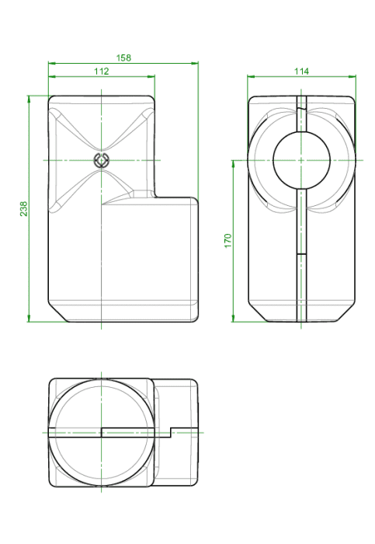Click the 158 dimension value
coord(123,58)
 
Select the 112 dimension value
coord(101,71)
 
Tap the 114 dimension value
coord(301,71)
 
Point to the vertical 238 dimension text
coord(23,208)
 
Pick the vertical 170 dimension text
coord(227,241)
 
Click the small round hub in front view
coord(101,160)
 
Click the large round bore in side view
coord(300,160)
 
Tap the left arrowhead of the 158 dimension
coord(52,63)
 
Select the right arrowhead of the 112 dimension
coord(151,76)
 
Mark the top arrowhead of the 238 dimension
coord(29,99)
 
